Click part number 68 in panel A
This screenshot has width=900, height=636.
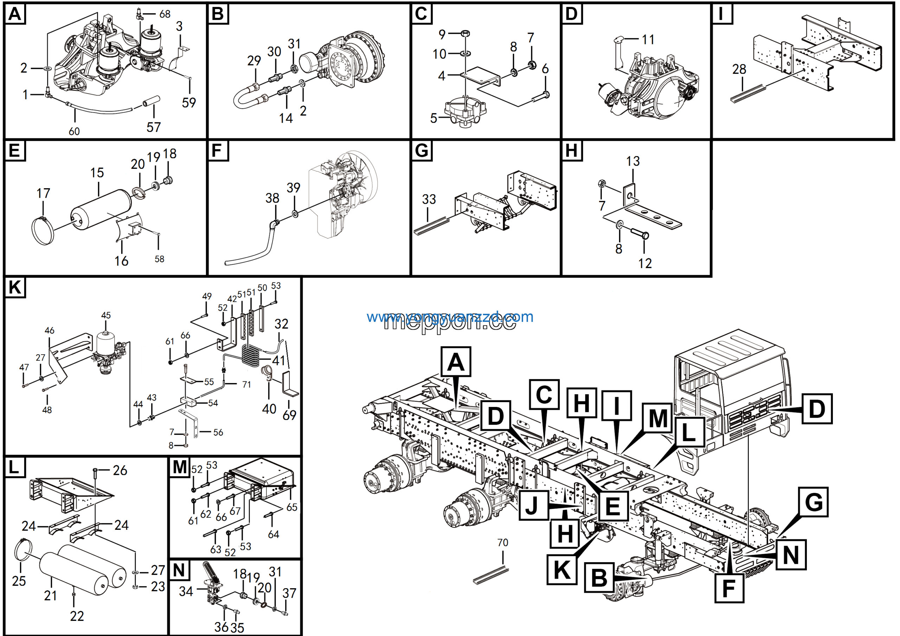pyautogui.click(x=165, y=14)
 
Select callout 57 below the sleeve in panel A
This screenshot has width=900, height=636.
pyautogui.click(x=154, y=127)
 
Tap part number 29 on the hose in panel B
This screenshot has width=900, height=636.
pyautogui.click(x=254, y=61)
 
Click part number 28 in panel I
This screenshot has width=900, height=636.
pyautogui.click(x=739, y=69)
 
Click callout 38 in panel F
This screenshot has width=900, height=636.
pyautogui.click(x=272, y=198)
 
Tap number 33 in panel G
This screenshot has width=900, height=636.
pyautogui.click(x=429, y=199)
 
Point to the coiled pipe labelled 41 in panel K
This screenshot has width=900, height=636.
pyautogui.click(x=251, y=355)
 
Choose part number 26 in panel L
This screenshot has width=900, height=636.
pyautogui.click(x=120, y=470)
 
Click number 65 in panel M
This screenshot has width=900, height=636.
pyautogui.click(x=292, y=507)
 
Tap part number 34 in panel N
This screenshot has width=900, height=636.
pyautogui.click(x=186, y=591)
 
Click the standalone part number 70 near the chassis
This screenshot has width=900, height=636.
pyautogui.click(x=502, y=542)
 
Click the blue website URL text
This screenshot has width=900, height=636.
pyautogui.click(x=450, y=317)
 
